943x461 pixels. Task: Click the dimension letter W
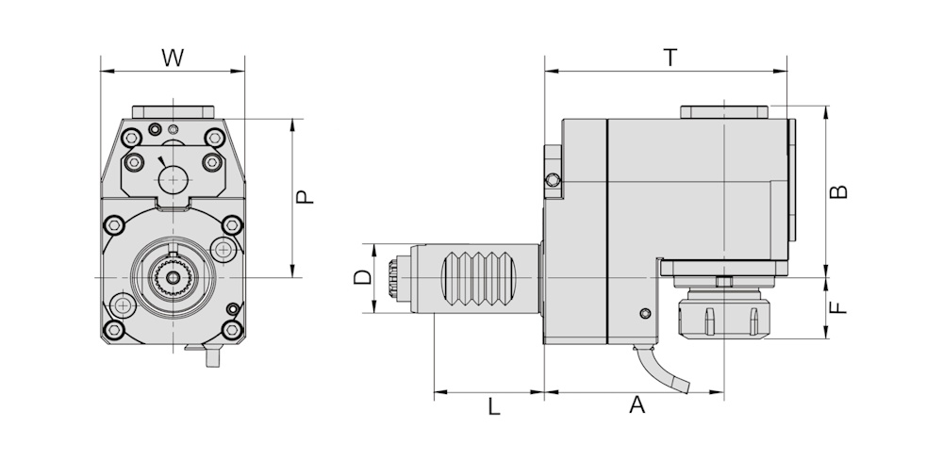172,58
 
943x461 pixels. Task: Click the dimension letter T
670,58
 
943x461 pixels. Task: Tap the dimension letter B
838,191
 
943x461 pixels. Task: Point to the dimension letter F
838,307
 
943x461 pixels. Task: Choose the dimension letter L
492,406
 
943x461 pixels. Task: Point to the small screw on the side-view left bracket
553,180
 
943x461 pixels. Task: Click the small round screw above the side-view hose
645,313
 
